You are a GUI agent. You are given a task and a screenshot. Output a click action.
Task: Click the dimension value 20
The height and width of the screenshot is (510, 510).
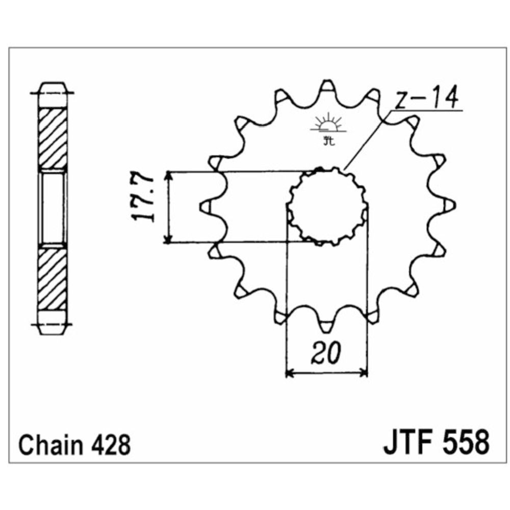point(326,353)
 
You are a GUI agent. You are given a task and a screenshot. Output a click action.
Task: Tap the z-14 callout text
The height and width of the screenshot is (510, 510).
point(426,97)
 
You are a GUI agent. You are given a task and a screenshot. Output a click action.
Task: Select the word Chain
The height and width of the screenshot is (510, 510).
point(51,445)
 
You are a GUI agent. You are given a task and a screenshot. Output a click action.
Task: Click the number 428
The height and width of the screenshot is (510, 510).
point(111,445)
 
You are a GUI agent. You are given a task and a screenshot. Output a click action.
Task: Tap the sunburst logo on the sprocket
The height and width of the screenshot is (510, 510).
point(328,129)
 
